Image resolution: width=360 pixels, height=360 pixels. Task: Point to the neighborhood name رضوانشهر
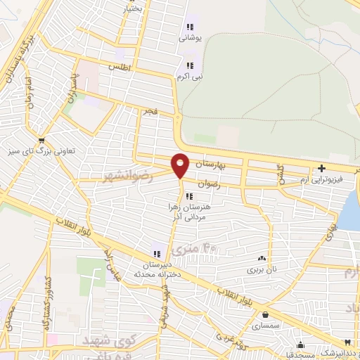coord(127,174)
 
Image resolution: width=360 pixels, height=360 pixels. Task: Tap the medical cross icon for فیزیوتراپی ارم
coord(321,168)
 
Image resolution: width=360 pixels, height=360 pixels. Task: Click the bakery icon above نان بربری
coord(262,259)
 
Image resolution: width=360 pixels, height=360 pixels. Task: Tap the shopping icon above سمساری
coord(266,314)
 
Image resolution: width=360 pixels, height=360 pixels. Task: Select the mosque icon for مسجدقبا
coord(301,345)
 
